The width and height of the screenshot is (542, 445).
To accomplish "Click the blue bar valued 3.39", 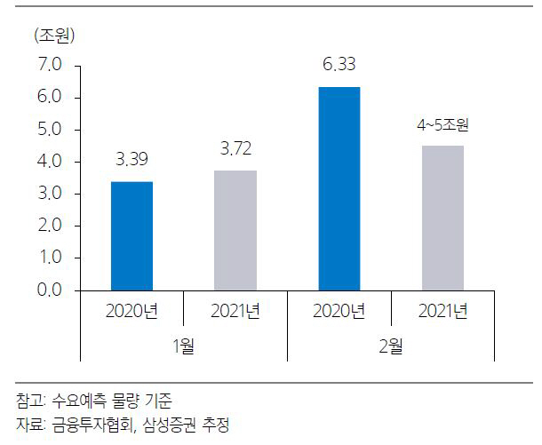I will coord(131,235).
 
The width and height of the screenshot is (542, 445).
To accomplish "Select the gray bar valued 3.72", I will coord(235,230).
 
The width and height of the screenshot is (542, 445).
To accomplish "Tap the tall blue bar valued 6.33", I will coord(339,188).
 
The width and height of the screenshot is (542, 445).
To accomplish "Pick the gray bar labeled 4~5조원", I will coord(442,218).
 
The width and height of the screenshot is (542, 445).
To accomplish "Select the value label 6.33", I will coord(339,66).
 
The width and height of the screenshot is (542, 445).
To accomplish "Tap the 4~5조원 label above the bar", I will coord(442,125).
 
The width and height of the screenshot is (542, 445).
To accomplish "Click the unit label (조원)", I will coord(55,36).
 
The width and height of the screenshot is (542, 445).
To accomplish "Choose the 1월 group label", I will coord(182,346).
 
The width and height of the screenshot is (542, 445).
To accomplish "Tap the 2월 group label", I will coord(390,346).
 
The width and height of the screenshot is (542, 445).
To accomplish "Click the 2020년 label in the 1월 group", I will coord(131,311).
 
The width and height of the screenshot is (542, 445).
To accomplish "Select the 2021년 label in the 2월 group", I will coord(442,311).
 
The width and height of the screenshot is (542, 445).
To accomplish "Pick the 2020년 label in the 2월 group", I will coord(339,311).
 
